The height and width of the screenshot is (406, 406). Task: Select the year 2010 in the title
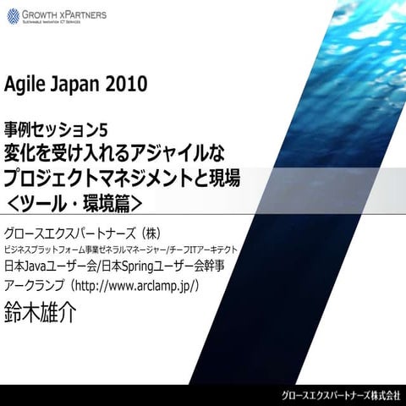(x=128, y=85)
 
